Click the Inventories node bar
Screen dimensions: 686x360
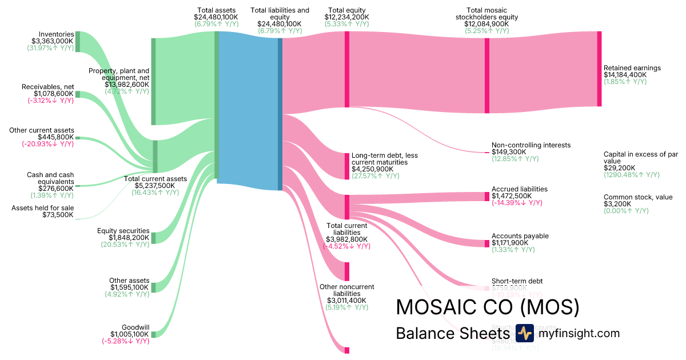pyautogui.click(x=78, y=42)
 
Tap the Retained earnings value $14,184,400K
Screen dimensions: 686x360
pyautogui.click(x=625, y=75)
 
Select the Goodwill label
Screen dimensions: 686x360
pyautogui.click(x=135, y=327)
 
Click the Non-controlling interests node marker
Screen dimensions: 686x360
pyautogui.click(x=486, y=153)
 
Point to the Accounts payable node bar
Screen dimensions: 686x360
pyautogui.click(x=487, y=243)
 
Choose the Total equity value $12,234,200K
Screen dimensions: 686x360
pyautogui.click(x=346, y=17)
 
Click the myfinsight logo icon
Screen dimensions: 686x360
pyautogui.click(x=524, y=333)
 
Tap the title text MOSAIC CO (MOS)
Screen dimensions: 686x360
pyautogui.click(x=488, y=307)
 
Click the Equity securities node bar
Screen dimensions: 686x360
pyautogui.click(x=153, y=238)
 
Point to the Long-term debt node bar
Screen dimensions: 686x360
pyautogui.click(x=346, y=166)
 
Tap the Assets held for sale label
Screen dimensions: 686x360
pyautogui.click(x=43, y=208)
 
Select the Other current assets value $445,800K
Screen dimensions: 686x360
pyautogui.click(x=55, y=137)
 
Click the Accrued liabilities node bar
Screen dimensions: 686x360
pyautogui.click(x=487, y=197)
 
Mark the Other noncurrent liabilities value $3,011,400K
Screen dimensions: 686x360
pyautogui.click(x=346, y=300)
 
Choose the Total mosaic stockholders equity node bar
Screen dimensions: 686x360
pyautogui.click(x=487, y=72)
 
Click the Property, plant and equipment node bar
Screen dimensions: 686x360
pyautogui.click(x=153, y=81)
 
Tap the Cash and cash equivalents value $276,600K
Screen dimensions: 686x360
pyautogui.click(x=56, y=188)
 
